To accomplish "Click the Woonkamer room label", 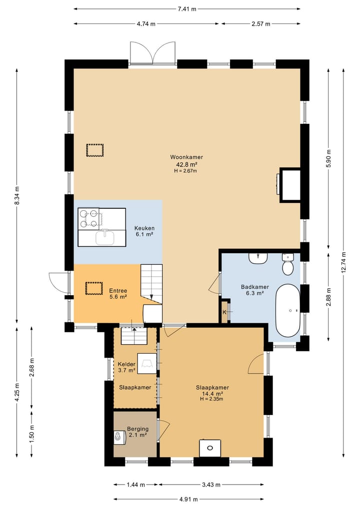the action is click(x=186, y=157).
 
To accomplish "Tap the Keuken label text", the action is click(x=144, y=228).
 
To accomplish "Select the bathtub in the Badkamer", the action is click(x=287, y=311).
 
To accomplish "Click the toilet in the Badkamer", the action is click(x=287, y=264).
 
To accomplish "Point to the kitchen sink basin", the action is click(x=105, y=238).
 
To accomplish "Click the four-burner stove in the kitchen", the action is click(x=88, y=219).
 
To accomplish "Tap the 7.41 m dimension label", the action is click(x=187, y=9).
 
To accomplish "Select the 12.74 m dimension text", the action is click(x=343, y=262).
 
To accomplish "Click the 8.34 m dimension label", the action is click(x=17, y=195).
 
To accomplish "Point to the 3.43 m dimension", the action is click(x=211, y=485).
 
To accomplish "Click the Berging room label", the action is click(x=137, y=429).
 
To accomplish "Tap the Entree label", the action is click(x=118, y=291).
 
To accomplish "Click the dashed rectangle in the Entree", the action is click(x=94, y=288).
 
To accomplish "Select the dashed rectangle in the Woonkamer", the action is click(x=95, y=150).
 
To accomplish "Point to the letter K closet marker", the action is click(x=224, y=312).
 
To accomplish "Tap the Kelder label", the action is click(x=126, y=364).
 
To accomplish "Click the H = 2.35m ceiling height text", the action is click(x=211, y=399).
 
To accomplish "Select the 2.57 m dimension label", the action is click(x=261, y=23).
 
